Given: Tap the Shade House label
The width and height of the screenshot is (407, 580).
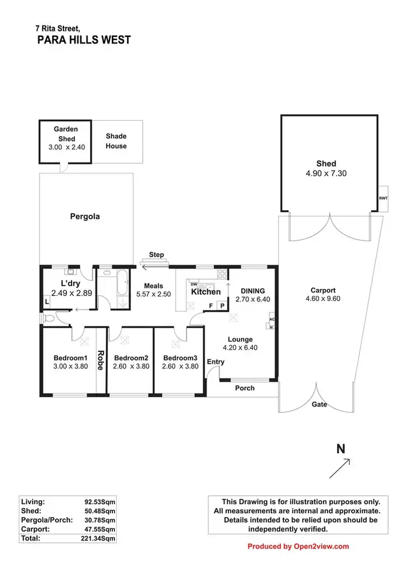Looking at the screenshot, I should [116, 141].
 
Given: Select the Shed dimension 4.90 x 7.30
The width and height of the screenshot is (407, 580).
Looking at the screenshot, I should [326, 174].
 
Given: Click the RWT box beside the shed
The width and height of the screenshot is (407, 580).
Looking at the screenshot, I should [383, 199].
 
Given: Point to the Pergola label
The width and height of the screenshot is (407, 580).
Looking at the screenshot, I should [85, 217].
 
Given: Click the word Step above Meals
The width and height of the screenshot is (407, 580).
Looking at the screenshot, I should [156, 255].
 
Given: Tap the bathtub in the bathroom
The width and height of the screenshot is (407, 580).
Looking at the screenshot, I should [123, 285].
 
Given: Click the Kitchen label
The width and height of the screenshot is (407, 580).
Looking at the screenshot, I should [206, 292].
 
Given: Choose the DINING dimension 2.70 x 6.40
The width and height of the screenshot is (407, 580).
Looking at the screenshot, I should [252, 299].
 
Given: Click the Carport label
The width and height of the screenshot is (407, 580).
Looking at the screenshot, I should [323, 290].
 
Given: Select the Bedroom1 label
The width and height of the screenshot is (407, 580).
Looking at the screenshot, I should [71, 358].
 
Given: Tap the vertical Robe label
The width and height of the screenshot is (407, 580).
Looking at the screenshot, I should [100, 360].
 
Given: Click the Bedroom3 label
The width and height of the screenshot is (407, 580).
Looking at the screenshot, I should [180, 358].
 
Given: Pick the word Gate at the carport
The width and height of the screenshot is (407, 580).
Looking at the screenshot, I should [319, 404].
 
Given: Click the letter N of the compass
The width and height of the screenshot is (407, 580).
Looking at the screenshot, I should [341, 449].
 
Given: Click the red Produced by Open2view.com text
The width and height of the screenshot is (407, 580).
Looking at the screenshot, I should [298, 546].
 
